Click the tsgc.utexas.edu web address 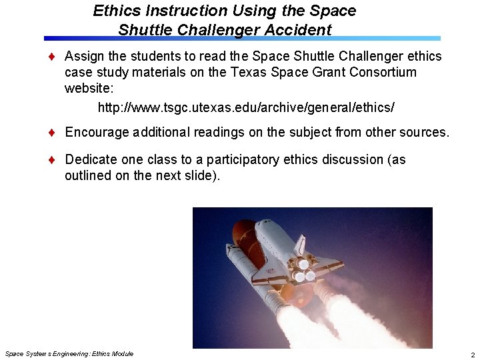pos(251,107)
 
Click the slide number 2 pos(471,353)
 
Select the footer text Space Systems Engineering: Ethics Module pos(69,353)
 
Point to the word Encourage pos(97,133)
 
